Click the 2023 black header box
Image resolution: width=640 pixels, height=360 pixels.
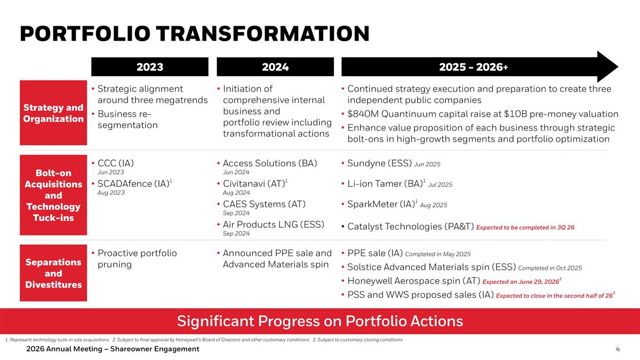150,67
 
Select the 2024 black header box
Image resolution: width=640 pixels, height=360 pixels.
275,67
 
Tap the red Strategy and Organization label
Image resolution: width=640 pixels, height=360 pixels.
53,113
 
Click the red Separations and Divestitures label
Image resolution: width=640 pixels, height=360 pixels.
53,273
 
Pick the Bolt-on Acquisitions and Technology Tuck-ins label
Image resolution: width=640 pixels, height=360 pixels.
53,195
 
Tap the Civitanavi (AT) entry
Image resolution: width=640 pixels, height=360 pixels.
253,183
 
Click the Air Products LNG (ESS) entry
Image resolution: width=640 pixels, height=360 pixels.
274,224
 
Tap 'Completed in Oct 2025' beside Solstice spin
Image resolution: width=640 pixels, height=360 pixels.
550,268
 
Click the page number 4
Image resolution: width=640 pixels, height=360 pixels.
617,349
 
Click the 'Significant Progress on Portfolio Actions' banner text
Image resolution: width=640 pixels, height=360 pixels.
320,321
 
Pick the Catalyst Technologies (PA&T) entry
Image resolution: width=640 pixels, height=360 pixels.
411,227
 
